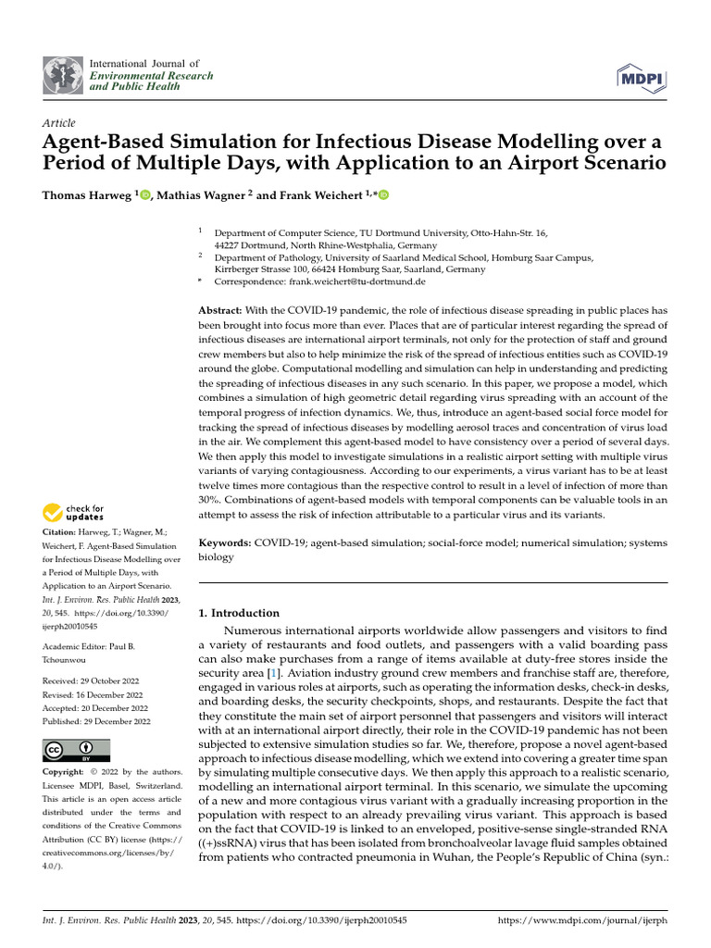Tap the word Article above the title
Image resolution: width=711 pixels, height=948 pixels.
click(x=59, y=123)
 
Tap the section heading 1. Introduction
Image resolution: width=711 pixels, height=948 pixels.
click(x=240, y=613)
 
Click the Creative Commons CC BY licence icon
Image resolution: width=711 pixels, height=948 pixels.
click(x=76, y=750)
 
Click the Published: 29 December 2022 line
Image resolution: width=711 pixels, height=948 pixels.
click(x=96, y=722)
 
